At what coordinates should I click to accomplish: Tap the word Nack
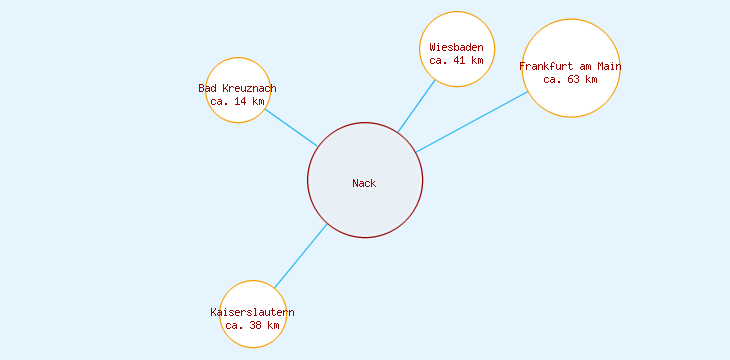[364, 183]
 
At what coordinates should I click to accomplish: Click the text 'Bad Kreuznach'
[237, 89]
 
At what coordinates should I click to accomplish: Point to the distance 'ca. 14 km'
[237, 101]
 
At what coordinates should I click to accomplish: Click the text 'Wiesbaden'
[457, 47]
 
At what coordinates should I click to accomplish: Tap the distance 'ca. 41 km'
[457, 60]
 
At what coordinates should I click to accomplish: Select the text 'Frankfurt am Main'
[571, 67]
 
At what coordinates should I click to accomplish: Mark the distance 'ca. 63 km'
[571, 79]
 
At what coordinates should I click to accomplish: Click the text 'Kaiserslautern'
[252, 313]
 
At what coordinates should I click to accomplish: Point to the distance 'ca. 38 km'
[252, 325]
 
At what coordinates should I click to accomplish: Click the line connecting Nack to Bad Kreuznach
[291, 127]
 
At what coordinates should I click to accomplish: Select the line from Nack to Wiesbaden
[417, 105]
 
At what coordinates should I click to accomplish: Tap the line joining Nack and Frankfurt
[472, 122]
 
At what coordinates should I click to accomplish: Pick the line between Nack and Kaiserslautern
[301, 256]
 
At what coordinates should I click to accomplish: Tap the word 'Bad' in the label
[207, 89]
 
